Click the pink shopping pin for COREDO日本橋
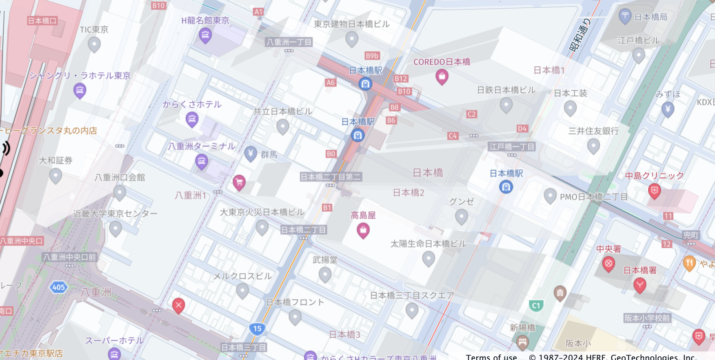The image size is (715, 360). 442,76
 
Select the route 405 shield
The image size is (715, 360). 58,287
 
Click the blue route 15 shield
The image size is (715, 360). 257,329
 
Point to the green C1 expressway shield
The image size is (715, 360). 536,305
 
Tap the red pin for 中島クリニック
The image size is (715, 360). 654,191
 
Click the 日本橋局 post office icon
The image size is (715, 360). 625,16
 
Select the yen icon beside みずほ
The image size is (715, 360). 668,109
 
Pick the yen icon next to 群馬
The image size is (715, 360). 251,154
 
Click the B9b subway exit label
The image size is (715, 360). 372,56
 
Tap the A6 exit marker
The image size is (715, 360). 330,82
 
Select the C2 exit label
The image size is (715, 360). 471,114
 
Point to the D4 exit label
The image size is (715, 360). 522,129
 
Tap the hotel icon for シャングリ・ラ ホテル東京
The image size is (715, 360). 80,90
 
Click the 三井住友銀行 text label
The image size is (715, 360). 593,131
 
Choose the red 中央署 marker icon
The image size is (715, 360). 608,264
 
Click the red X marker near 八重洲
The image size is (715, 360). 178,305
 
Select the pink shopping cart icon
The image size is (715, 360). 239,182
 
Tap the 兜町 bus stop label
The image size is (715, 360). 691,235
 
